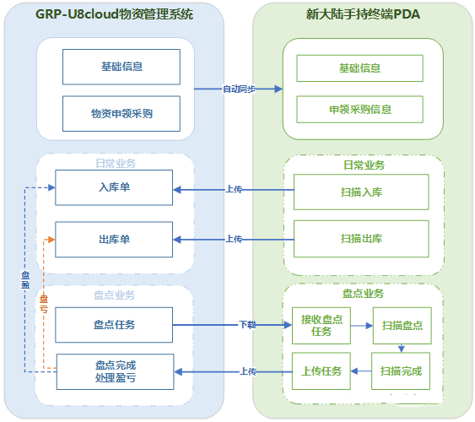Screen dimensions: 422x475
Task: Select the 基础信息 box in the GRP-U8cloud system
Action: point(121,67)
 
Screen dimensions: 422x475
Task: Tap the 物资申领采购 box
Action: point(121,113)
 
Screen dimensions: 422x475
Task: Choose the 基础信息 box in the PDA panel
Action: point(359,68)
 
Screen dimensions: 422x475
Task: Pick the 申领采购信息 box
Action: point(359,109)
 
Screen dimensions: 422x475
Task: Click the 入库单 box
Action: point(114,187)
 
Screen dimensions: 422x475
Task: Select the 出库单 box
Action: point(114,240)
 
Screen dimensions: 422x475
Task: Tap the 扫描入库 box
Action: point(361,192)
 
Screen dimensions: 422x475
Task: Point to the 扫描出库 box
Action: point(361,239)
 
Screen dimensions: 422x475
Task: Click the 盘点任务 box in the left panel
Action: point(114,325)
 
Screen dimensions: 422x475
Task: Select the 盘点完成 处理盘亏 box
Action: point(115,371)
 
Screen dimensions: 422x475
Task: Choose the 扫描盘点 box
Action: point(402,326)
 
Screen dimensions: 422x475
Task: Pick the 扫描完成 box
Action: point(401,371)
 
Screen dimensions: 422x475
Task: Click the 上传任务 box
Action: point(321,371)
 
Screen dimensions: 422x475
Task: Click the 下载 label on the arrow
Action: point(246,325)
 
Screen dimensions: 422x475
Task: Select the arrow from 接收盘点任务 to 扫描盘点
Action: point(360,326)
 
